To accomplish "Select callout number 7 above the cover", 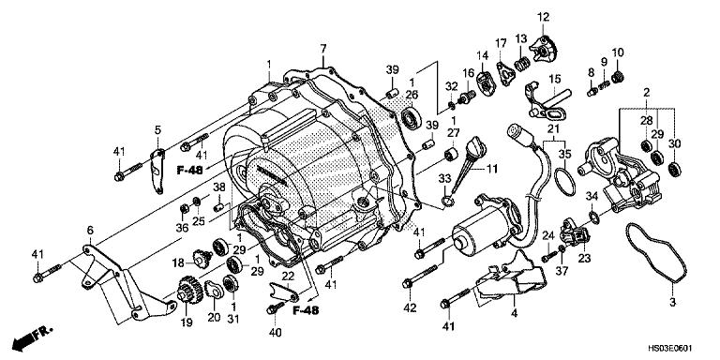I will coord(322,48).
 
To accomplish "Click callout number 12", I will coord(543,16).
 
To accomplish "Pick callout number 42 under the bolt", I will coord(410,307).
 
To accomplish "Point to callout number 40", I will coord(275,332).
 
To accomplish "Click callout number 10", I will coord(617,51).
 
